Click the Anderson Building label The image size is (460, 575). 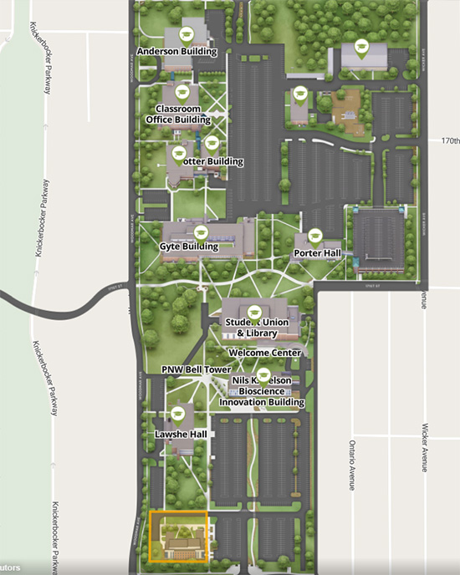pyautogui.click(x=176, y=52)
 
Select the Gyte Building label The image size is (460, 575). pyautogui.click(x=189, y=247)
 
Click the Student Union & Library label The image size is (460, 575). pyautogui.click(x=251, y=328)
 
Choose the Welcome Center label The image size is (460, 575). pyautogui.click(x=264, y=353)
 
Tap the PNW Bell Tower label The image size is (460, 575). pyautogui.click(x=196, y=369)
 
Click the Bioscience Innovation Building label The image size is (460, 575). pyautogui.click(x=262, y=391)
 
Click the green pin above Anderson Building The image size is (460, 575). pyautogui.click(x=187, y=33)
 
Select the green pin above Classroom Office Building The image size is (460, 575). pyautogui.click(x=181, y=92)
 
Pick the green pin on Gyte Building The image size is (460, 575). pyautogui.click(x=200, y=232)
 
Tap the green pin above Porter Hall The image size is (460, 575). pyautogui.click(x=314, y=237)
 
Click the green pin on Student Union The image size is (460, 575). pyautogui.click(x=257, y=313)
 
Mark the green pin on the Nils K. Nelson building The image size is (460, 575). pyautogui.click(x=263, y=374)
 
